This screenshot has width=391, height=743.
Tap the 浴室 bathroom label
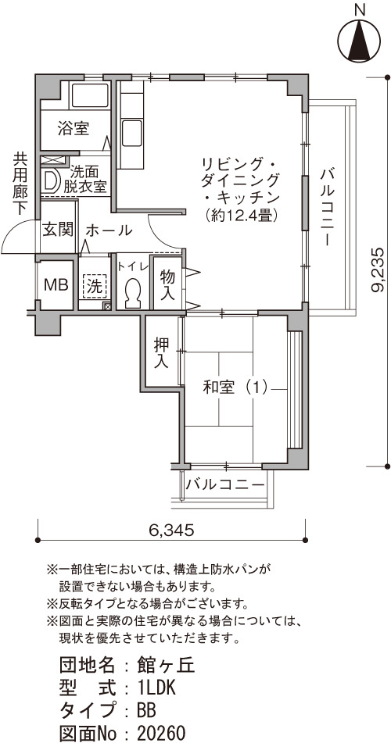tap(74, 128)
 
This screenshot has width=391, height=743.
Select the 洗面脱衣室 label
tap(85, 179)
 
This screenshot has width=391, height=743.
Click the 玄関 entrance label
tap(59, 230)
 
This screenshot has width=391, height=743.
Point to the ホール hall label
tap(109, 230)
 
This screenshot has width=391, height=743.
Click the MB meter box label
tap(56, 285)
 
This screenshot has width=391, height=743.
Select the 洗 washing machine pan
tap(95, 286)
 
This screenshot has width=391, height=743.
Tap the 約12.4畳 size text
tap(239, 216)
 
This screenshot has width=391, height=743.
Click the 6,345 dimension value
tap(171, 530)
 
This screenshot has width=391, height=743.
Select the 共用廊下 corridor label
tap(20, 184)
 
